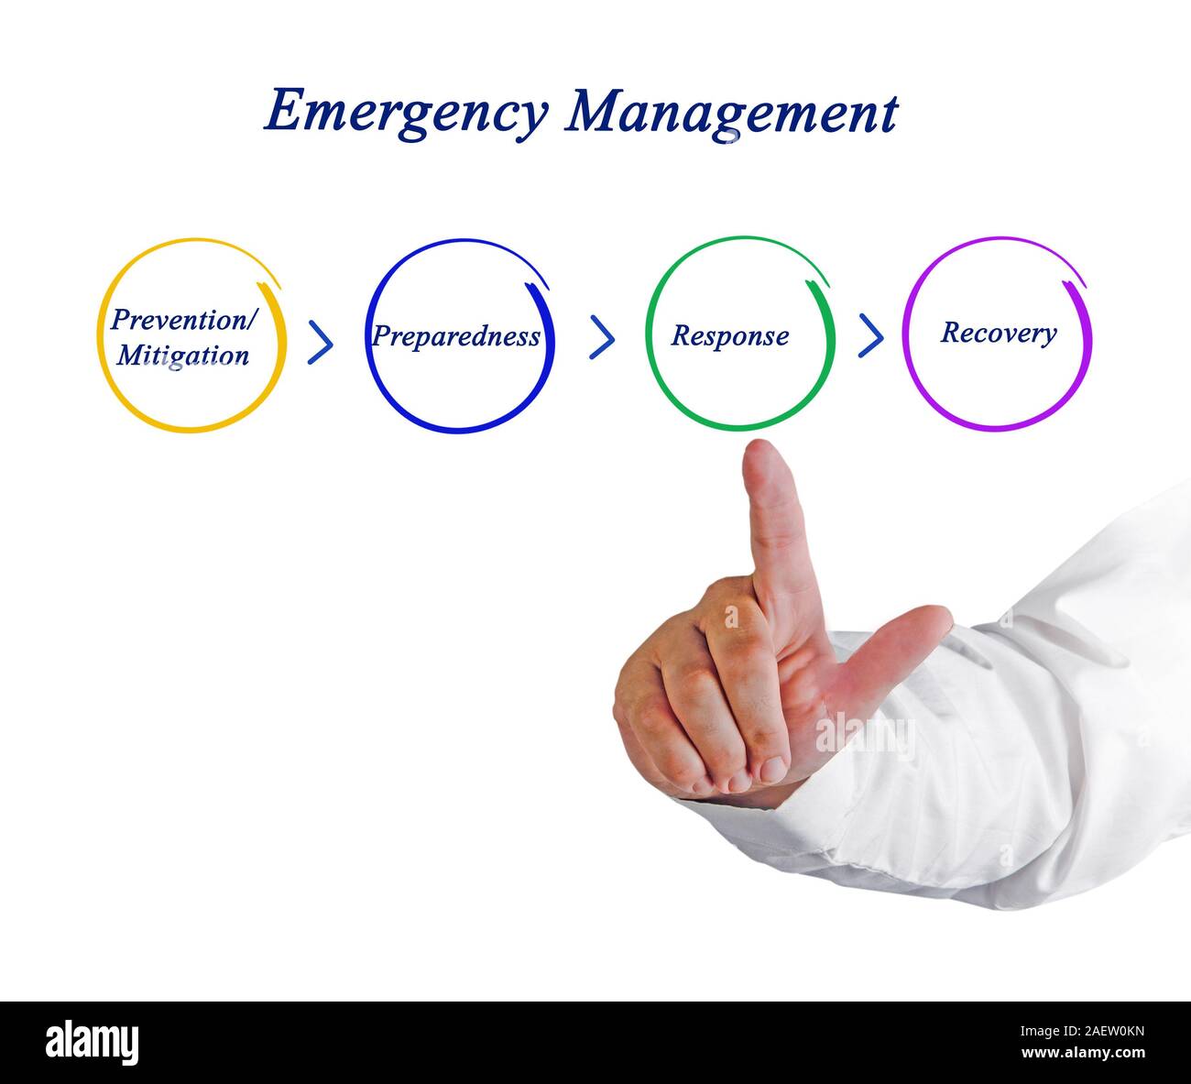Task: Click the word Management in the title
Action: [x=732, y=114]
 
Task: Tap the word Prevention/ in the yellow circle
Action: [x=185, y=321]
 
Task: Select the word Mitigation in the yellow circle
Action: [x=182, y=356]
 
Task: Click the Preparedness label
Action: [x=456, y=336]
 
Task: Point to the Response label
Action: [x=729, y=335]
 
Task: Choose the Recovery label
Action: [x=999, y=333]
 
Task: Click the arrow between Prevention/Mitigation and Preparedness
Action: [x=320, y=342]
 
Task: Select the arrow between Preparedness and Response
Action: [x=601, y=337]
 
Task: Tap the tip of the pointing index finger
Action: [x=761, y=453]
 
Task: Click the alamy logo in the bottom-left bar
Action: [x=93, y=1042]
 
